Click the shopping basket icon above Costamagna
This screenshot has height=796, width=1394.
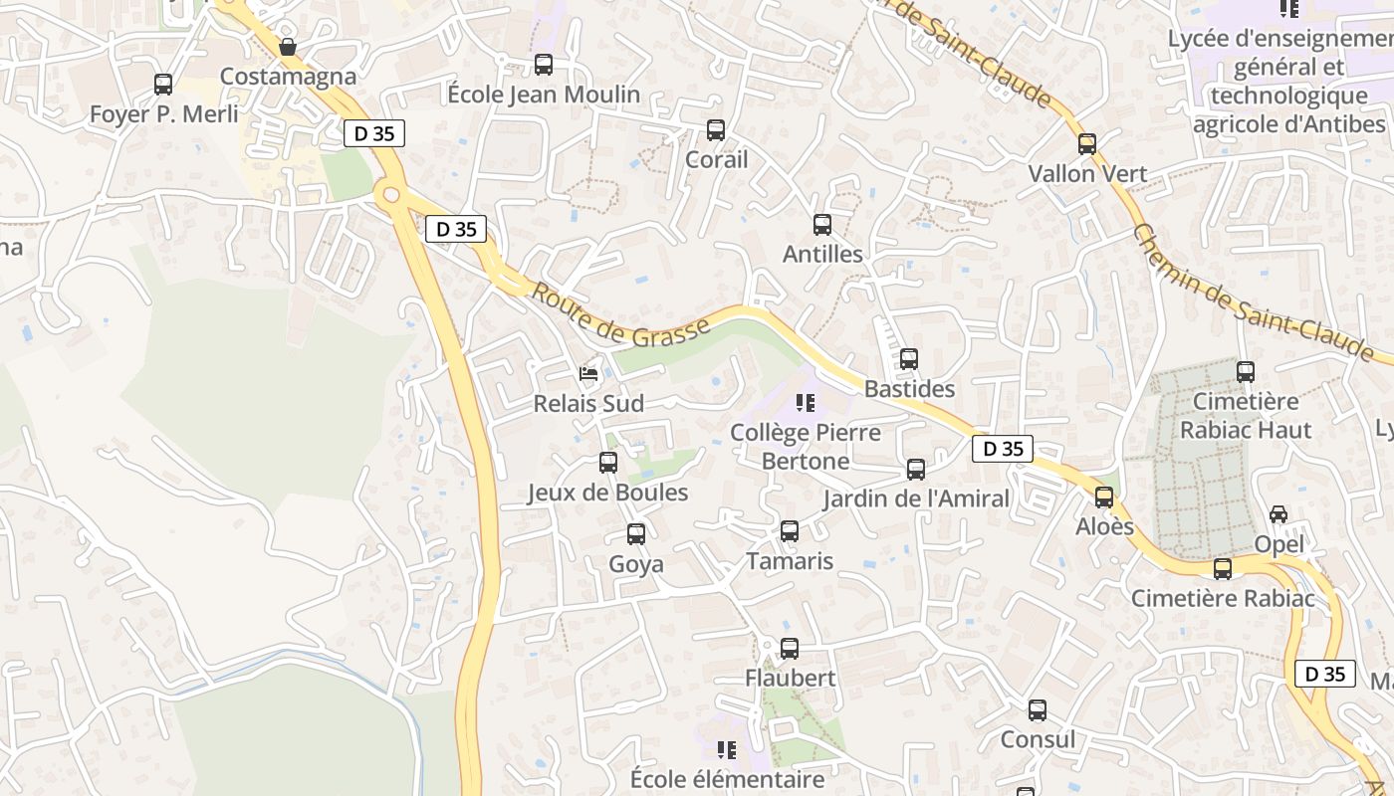click(x=288, y=47)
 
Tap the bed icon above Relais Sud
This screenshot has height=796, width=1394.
click(x=589, y=374)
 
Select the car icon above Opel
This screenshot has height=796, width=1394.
click(x=1278, y=514)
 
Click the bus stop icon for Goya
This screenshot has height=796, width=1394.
click(x=636, y=534)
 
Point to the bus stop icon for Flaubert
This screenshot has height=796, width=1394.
click(x=790, y=649)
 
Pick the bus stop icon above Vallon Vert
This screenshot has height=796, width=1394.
click(x=1087, y=144)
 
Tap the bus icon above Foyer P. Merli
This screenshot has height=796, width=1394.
click(x=163, y=85)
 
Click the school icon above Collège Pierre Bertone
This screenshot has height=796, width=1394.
click(x=806, y=403)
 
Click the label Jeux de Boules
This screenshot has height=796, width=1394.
click(x=607, y=493)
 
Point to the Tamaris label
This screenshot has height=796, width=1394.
click(x=790, y=561)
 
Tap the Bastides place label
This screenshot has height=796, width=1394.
click(x=909, y=389)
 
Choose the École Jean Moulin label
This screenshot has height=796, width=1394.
click(x=544, y=95)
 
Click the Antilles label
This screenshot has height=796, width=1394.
click(x=822, y=254)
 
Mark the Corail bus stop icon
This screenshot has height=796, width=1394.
click(x=716, y=130)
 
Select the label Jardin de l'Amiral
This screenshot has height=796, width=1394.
click(x=916, y=498)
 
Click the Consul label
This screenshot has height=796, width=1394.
click(x=1038, y=739)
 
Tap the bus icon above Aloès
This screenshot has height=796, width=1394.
click(x=1104, y=497)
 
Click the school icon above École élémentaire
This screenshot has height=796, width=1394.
click(x=727, y=749)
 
